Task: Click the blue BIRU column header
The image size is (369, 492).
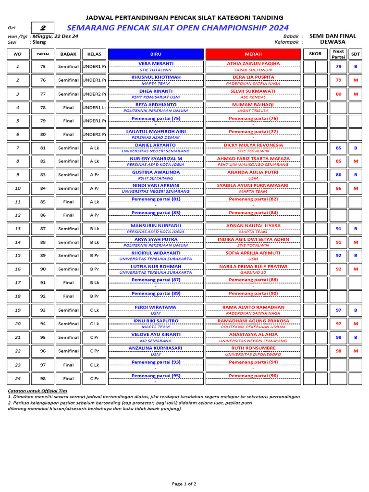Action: click(156, 54)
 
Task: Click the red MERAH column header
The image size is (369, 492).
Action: click(253, 54)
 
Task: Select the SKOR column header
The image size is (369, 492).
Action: click(315, 54)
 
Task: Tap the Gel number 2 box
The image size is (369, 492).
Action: click(42, 28)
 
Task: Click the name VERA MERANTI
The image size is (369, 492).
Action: click(156, 63)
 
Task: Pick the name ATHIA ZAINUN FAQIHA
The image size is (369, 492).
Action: click(253, 63)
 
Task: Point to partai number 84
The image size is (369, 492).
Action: click(43, 188)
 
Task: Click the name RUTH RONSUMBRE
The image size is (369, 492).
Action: click(253, 348)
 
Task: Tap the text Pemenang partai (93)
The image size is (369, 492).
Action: click(156, 362)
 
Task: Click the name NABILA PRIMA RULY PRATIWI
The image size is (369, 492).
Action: click(253, 266)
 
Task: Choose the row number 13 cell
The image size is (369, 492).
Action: click(18, 229)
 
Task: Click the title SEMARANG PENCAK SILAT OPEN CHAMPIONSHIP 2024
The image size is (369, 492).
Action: click(178, 28)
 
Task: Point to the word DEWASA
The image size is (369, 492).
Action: click(332, 42)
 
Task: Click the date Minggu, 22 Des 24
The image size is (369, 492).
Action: click(55, 36)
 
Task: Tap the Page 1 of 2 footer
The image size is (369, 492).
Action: click(184, 484)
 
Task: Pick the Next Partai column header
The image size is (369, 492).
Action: click(338, 54)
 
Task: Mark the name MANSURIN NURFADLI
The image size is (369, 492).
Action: click(156, 225)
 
